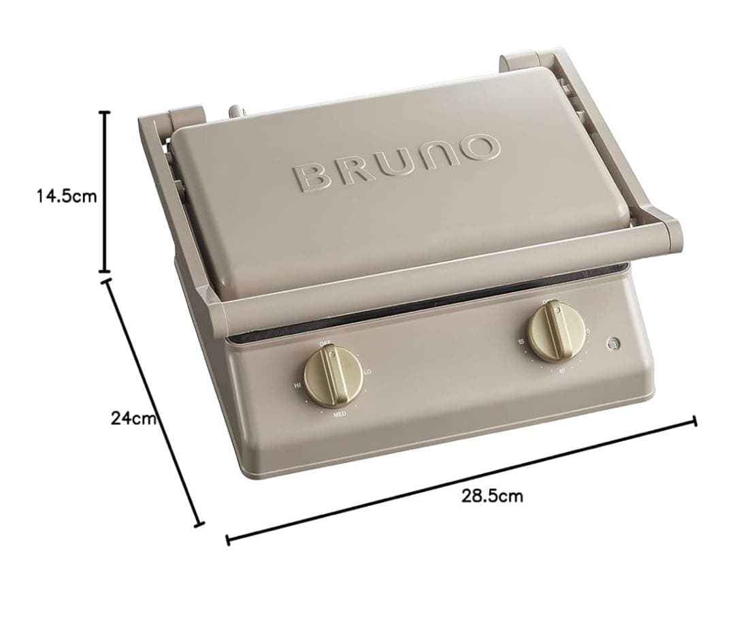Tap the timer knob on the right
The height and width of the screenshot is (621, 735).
(553, 332)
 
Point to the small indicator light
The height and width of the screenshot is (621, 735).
(614, 345)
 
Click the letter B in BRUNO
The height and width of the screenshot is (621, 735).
(312, 176)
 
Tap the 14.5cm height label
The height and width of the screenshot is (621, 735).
(67, 196)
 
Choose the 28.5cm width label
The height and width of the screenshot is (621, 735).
(493, 495)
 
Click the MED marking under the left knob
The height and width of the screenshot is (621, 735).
(338, 414)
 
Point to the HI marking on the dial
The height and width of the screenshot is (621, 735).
(297, 385)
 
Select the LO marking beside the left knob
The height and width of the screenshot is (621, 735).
(367, 372)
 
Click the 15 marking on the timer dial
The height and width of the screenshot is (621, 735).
(521, 341)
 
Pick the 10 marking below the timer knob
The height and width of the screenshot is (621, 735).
(561, 371)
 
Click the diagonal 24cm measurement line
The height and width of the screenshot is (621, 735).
(153, 402)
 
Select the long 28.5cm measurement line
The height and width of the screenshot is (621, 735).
(461, 480)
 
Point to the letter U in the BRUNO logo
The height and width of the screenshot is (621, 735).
(395, 162)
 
